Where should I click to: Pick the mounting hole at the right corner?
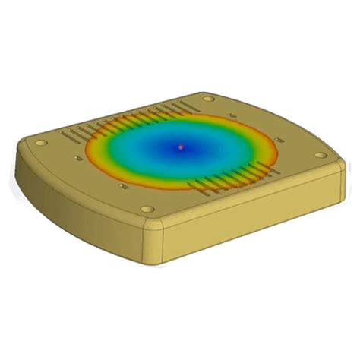point(321,156)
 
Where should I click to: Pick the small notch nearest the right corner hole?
point(283,141)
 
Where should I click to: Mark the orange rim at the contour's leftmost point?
point(86,152)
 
